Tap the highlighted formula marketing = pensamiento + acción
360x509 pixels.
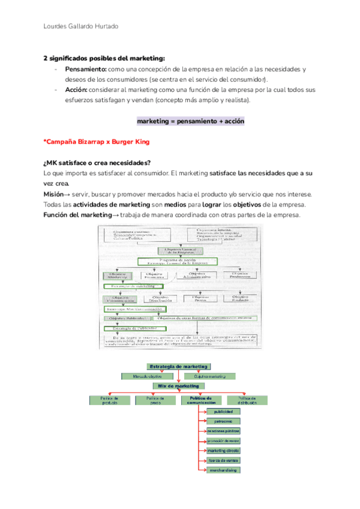[190, 121]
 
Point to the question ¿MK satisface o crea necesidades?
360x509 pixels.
[97, 163]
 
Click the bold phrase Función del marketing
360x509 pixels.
[77, 216]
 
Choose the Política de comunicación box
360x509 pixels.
[202, 400]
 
